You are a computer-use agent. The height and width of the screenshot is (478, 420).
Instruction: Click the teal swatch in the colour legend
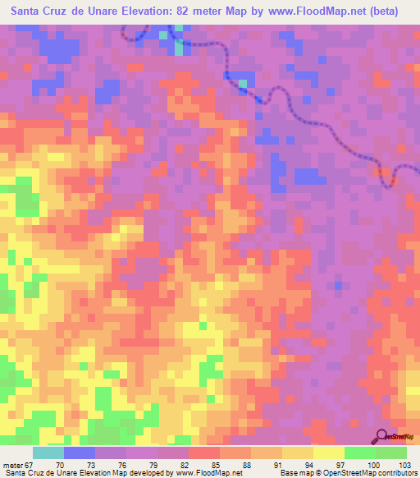point(48,453)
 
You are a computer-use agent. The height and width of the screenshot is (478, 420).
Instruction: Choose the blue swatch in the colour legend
point(80,453)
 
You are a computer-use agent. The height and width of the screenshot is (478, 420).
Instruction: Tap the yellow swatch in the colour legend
point(329,453)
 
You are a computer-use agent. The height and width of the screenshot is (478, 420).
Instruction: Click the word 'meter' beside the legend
point(12,465)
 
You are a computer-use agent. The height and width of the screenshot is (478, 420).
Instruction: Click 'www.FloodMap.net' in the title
point(316,11)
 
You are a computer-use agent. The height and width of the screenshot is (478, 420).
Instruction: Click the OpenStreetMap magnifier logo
point(383,436)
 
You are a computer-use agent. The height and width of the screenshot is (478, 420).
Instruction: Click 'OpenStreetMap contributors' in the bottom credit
point(370,473)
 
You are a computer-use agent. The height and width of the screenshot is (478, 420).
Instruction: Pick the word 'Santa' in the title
point(28,11)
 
